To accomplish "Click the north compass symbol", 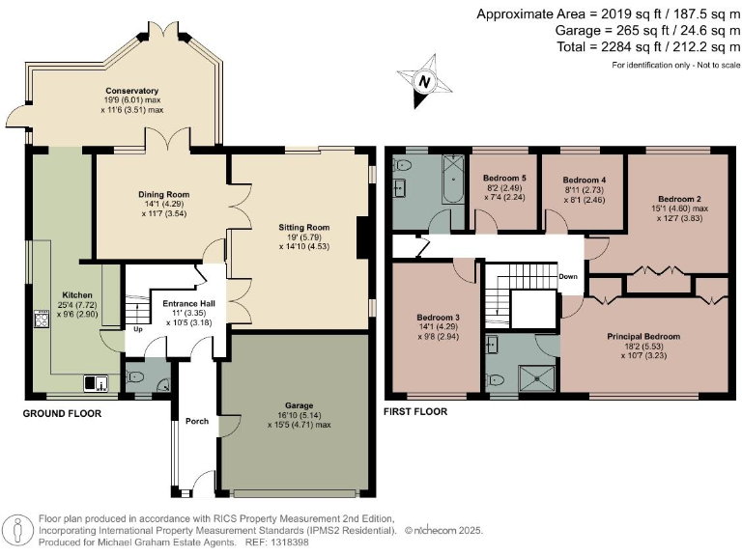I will pos(422,83).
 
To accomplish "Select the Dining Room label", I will pos(162,194).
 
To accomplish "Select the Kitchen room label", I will pos(76,295).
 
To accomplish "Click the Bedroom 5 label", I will pos(503,180).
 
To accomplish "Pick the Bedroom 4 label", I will pos(584,180).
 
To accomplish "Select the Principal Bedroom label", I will pos(643,337).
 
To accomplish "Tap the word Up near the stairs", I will pos(137,328).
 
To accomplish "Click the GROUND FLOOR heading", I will pos(62,414).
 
